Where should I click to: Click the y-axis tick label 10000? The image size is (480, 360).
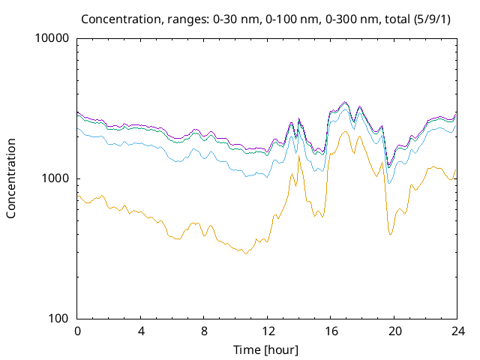52,39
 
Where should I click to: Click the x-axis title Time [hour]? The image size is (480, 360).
267,349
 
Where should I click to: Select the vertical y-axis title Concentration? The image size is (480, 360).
11,178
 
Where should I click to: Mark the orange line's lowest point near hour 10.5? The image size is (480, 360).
244,253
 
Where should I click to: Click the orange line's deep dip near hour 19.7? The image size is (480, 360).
390,234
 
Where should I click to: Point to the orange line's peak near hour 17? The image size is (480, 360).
344,132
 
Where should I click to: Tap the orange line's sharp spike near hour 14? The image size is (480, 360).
298,156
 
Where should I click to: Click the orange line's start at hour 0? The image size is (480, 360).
78,194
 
